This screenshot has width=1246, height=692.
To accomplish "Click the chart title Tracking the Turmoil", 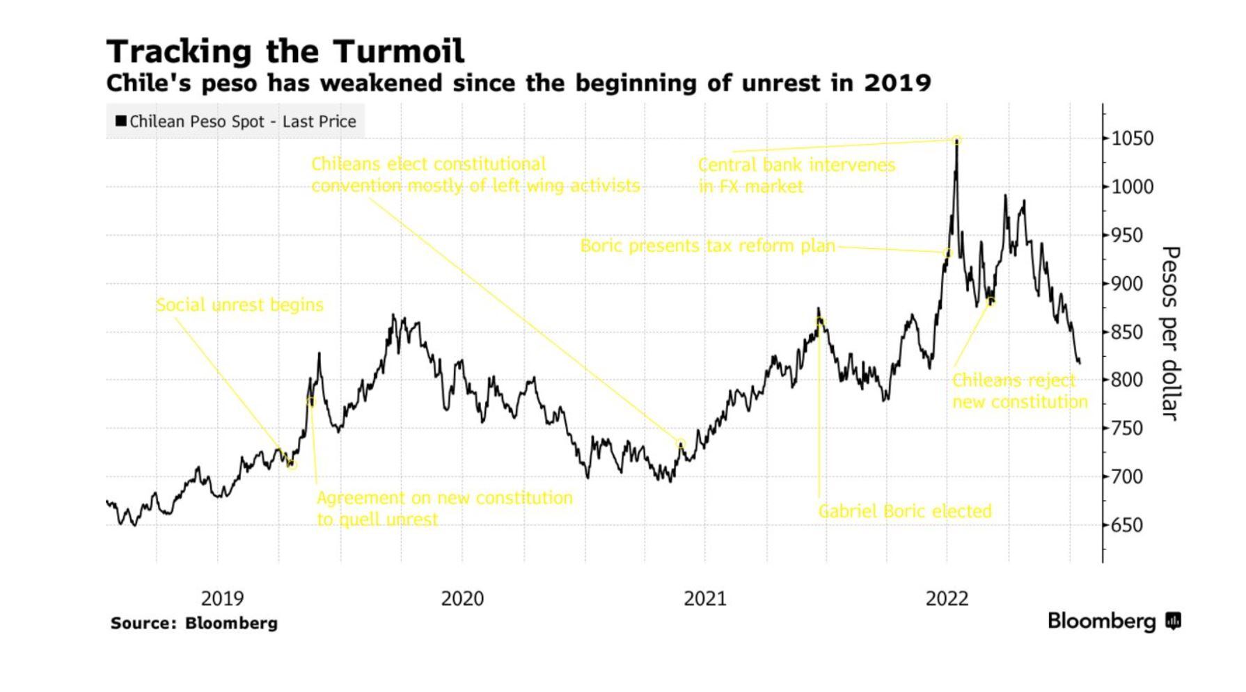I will coord(285,51).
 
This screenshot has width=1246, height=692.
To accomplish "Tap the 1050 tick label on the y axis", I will coord(1133,138).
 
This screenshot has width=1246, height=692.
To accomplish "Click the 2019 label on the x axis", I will coord(222,598).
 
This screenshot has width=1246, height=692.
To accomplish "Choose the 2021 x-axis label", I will coord(704,598).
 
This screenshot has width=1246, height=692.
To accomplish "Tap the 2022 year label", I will coord(947,598).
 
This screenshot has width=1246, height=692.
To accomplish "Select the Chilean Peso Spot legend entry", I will coord(236,122).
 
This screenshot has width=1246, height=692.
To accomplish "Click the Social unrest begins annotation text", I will coord(239,305).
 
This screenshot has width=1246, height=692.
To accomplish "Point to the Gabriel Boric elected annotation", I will coord(904,511).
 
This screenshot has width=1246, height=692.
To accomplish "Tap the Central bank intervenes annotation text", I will coord(796,175).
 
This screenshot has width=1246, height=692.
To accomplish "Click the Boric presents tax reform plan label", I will coord(707,246).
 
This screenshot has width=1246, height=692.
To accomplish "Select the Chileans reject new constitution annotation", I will coord(1019,391).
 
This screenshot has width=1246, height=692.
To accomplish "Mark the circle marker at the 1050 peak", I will coord(957,140).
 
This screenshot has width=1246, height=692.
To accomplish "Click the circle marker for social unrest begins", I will coord(292,464).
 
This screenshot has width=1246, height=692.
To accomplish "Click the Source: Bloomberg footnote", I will coord(194,622).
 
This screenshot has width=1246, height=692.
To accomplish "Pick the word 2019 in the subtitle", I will coord(897,83).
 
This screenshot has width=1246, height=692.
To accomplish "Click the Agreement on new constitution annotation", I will coord(444,508).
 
